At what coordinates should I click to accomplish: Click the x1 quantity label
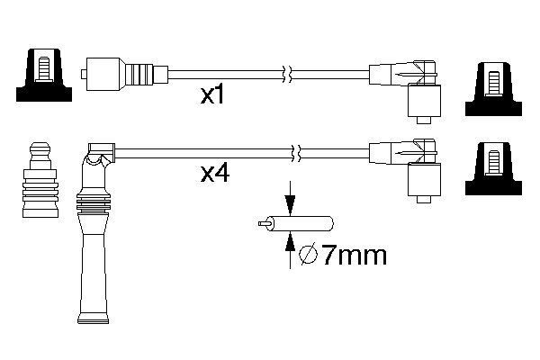212,95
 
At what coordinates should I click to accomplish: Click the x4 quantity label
215,174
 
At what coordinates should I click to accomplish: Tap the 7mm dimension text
355,256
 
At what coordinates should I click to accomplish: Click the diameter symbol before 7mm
308,256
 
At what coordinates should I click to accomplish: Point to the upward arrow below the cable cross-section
290,250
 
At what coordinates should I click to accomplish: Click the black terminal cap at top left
44,75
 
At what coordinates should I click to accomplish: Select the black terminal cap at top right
493,89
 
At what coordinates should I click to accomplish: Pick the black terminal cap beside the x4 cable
493,168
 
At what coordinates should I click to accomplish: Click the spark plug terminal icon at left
40,179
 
